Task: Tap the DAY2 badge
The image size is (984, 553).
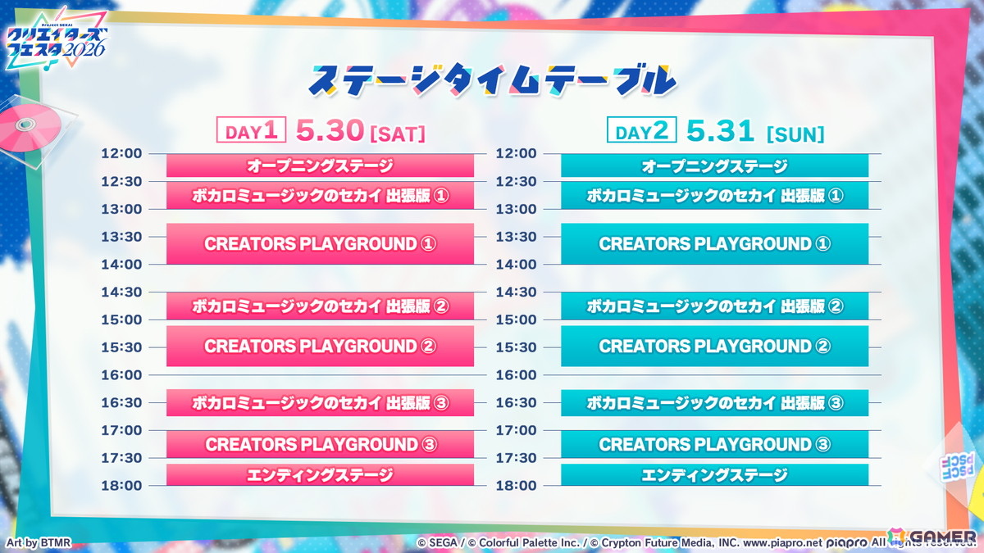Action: pyautogui.click(x=641, y=131)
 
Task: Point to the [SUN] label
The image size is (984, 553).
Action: pyautogui.click(x=795, y=134)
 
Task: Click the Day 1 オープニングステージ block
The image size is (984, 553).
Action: pyautogui.click(x=320, y=165)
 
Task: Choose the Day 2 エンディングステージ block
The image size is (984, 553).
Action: pyautogui.click(x=714, y=474)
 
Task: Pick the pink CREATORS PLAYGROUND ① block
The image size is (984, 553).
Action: pyautogui.click(x=320, y=243)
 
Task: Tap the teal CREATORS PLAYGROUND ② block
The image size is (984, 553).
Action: pyautogui.click(x=714, y=346)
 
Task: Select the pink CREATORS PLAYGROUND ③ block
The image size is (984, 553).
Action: pyautogui.click(x=320, y=444)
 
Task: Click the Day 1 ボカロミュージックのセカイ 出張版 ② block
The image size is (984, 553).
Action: pyautogui.click(x=320, y=306)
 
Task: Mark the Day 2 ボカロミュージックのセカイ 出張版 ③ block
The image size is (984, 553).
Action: pyautogui.click(x=714, y=402)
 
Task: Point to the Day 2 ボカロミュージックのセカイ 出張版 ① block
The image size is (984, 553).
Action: pyautogui.click(x=714, y=195)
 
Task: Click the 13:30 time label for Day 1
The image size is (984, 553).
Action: pyautogui.click(x=121, y=237)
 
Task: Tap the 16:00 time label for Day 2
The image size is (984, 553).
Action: pyautogui.click(x=517, y=374)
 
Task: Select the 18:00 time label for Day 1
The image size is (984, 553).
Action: pyautogui.click(x=121, y=485)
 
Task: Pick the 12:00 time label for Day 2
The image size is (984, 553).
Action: pyautogui.click(x=517, y=153)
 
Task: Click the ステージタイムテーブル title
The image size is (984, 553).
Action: pyautogui.click(x=492, y=79)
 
